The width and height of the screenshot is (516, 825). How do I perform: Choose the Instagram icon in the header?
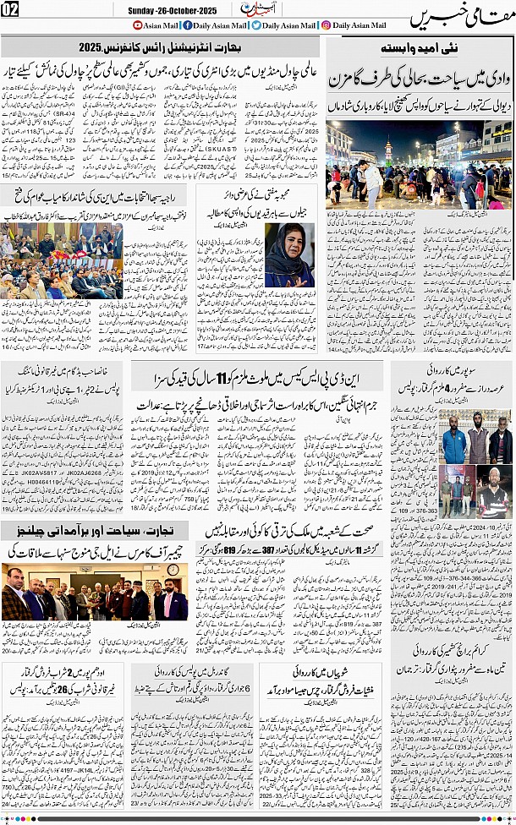(x=326, y=25)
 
